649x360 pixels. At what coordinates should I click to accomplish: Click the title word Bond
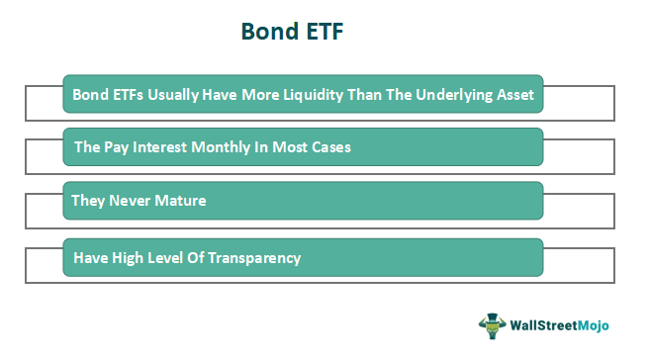tap(271, 32)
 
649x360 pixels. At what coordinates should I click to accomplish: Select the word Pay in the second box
tap(117, 148)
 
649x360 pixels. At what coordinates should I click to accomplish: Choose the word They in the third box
tap(88, 201)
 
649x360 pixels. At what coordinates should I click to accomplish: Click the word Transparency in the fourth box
tap(253, 258)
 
